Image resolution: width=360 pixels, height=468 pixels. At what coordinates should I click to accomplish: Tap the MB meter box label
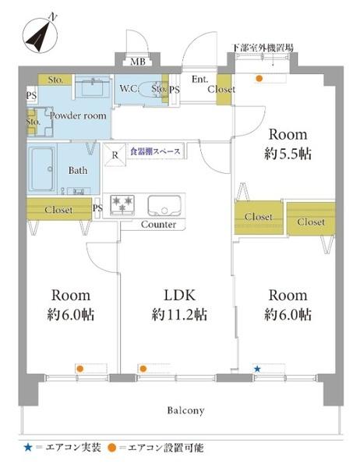138,62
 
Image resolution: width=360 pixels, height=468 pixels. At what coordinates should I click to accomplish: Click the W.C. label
129,89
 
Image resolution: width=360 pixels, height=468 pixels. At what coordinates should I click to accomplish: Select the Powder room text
78,115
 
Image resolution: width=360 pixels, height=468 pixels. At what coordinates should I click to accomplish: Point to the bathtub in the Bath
42,168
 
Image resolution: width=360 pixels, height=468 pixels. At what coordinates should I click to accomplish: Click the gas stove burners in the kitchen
122,204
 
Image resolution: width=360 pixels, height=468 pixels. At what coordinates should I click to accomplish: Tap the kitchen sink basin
164,205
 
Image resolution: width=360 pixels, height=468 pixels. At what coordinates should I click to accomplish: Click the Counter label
158,225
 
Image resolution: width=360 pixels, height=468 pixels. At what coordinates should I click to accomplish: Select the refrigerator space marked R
115,154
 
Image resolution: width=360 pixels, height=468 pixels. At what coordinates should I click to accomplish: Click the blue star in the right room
257,369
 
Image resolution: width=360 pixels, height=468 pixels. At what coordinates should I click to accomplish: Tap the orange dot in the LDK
143,369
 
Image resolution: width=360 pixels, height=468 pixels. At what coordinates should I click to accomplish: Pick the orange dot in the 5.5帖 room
259,79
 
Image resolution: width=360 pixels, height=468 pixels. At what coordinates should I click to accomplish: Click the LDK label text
180,295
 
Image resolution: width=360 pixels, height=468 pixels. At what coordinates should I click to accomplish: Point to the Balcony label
185,410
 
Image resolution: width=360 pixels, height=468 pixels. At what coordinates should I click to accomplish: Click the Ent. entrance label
199,79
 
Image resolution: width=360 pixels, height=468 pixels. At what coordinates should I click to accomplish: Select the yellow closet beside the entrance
224,90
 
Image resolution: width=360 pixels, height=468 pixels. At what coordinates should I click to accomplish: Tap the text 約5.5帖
288,154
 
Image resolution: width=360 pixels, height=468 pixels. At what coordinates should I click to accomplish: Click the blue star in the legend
28,448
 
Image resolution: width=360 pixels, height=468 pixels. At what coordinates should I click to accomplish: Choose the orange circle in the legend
112,448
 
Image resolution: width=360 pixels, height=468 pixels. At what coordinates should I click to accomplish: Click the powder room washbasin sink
92,86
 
